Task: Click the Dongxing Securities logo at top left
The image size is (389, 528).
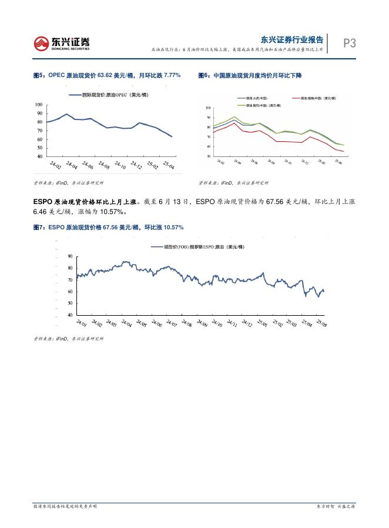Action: pyautogui.click(x=62, y=43)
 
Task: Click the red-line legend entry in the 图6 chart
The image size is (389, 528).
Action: pyautogui.click(x=316, y=98)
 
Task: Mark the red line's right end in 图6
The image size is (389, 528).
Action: pyautogui.click(x=343, y=151)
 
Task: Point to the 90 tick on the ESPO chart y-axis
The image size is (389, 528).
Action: pyautogui.click(x=70, y=256)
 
